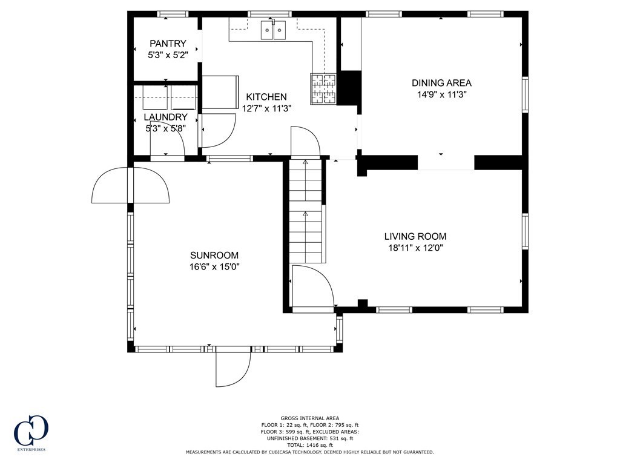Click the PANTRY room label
click(x=168, y=44)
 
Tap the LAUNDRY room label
click(x=165, y=117)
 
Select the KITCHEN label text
click(x=266, y=97)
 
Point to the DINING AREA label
click(x=441, y=83)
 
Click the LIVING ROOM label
click(x=415, y=237)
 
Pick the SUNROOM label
click(x=214, y=256)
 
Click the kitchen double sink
click(x=273, y=30)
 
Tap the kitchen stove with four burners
click(x=323, y=90)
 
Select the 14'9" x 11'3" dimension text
click(x=441, y=94)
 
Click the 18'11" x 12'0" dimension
click(x=415, y=248)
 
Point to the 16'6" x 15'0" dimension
click(x=214, y=267)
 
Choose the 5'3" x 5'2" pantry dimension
click(x=168, y=55)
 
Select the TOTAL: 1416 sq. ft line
click(x=309, y=445)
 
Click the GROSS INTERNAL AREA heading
click(x=309, y=418)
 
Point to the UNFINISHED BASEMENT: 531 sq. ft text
click(x=309, y=438)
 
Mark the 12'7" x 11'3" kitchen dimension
click(x=266, y=108)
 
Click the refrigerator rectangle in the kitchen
click(x=220, y=92)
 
